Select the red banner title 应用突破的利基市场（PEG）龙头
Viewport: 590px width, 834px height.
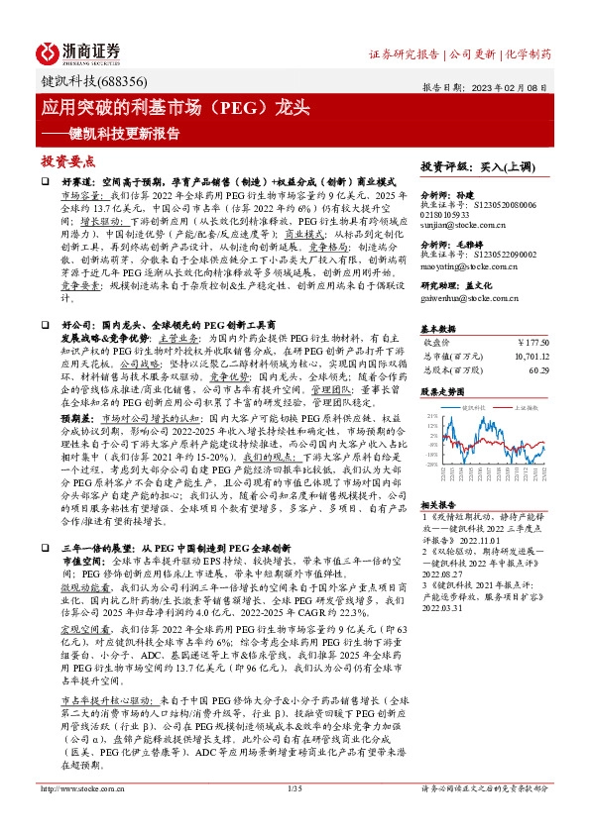(177, 105)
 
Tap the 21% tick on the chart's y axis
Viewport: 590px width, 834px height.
(430, 416)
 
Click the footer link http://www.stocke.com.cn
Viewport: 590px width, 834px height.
(79, 816)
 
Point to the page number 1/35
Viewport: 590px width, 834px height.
(294, 816)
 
